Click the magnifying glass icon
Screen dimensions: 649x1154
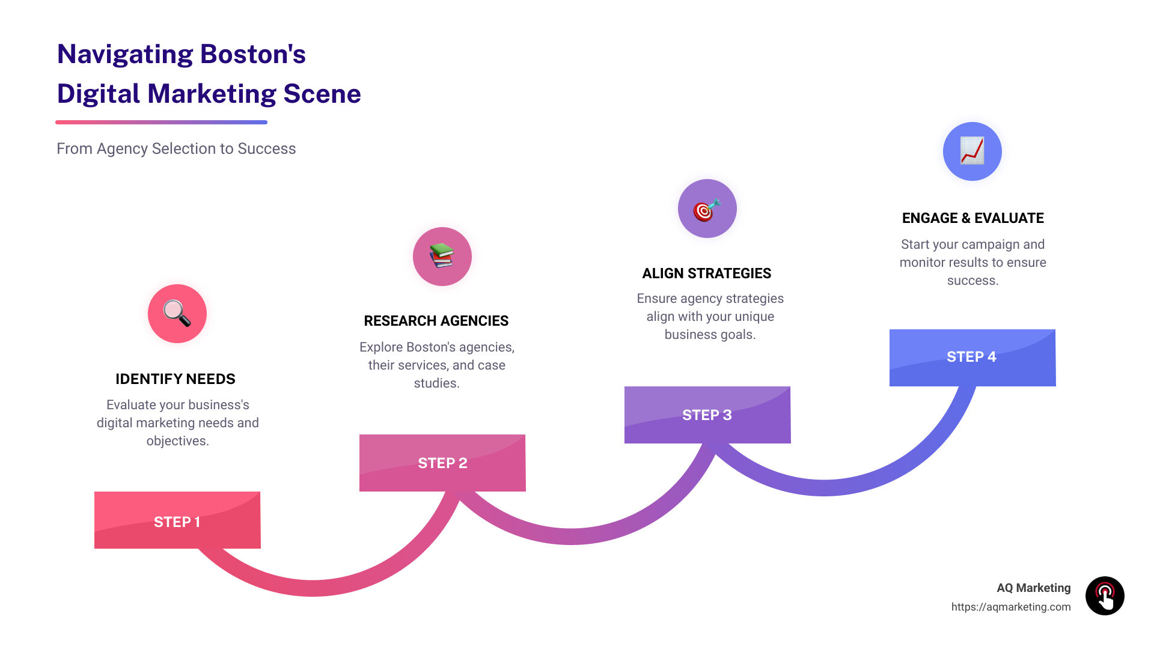click(x=177, y=314)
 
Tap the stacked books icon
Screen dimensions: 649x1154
click(x=442, y=257)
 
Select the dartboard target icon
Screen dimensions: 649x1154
click(x=707, y=209)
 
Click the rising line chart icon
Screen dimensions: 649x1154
click(x=972, y=151)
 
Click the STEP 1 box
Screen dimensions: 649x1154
click(x=177, y=520)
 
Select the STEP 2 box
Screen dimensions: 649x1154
click(x=442, y=463)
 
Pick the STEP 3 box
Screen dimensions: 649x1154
click(x=707, y=415)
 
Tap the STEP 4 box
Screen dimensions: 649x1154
click(x=972, y=358)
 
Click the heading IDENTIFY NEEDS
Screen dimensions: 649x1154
click(x=176, y=379)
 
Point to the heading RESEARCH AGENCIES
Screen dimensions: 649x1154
click(x=436, y=321)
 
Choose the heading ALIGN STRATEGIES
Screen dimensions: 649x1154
click(x=707, y=273)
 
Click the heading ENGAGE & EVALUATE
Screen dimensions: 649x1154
click(x=972, y=218)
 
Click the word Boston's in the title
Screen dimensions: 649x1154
click(x=252, y=55)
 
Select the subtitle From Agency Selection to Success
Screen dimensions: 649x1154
click(x=176, y=148)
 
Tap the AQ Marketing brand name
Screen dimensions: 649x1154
click(x=1033, y=588)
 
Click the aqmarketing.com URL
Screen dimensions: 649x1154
click(x=1010, y=607)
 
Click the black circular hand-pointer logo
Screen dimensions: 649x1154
click(x=1105, y=596)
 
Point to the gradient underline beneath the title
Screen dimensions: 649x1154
click(x=161, y=122)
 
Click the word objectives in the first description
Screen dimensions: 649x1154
click(x=177, y=441)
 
